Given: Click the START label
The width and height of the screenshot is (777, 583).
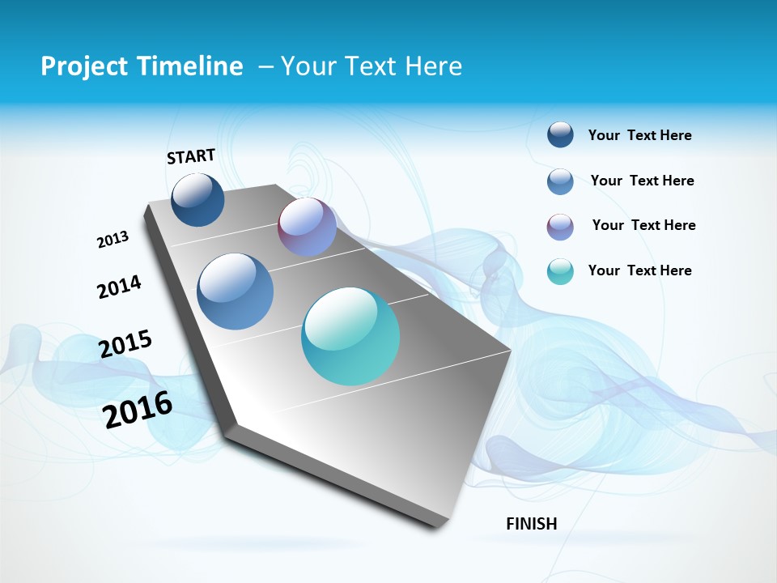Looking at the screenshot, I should coord(191,156).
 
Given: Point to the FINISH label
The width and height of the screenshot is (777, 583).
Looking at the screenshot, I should coord(532,524).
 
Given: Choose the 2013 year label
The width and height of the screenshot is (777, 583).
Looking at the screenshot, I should coord(113,240).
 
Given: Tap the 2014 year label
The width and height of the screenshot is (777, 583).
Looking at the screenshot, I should coord(119,287).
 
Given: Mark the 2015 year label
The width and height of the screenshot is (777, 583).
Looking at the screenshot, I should coord(125,344).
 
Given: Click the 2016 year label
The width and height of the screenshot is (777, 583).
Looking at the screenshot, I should coord(138,410).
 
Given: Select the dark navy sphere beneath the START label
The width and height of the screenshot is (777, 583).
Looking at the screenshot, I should coord(197,199).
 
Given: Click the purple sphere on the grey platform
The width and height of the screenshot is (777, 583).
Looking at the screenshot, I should coord(307,227).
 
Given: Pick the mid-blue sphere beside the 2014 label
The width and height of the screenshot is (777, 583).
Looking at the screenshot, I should coord(236,291).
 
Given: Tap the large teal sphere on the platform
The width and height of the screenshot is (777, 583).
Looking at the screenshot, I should coord(350,336).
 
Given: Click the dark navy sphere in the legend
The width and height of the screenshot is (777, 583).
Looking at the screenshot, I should coord(560,135).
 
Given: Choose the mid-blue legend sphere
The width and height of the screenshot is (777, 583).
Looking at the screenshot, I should coord(560,181).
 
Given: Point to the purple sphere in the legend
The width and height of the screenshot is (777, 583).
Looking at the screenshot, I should coord(560,227).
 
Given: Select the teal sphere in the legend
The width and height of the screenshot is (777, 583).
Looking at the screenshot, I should coord(560,271).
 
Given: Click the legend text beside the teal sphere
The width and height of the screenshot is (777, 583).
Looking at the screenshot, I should coord(639,270).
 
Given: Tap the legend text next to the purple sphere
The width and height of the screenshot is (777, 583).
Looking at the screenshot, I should coord(643,225).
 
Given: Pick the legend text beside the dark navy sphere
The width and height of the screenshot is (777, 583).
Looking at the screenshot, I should coord(639,135).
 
